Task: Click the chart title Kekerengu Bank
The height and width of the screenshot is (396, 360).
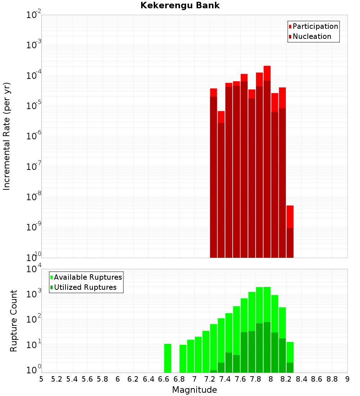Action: pyautogui.click(x=180, y=5)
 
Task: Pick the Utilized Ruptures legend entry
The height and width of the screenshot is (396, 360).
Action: pyautogui.click(x=85, y=287)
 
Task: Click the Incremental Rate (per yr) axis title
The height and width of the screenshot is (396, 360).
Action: pyautogui.click(x=6, y=136)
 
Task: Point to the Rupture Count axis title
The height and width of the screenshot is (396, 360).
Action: pyautogui.click(x=14, y=320)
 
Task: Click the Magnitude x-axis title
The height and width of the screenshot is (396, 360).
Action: pyautogui.click(x=194, y=390)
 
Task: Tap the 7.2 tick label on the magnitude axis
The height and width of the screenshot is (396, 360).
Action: pyautogui.click(x=210, y=379)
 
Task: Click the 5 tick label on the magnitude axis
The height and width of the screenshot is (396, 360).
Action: pyautogui.click(x=41, y=379)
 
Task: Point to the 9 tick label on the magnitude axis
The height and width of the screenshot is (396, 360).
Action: pyautogui.click(x=347, y=379)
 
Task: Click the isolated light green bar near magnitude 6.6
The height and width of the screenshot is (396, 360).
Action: pyautogui.click(x=167, y=358)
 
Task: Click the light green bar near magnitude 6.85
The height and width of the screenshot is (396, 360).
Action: pyautogui.click(x=183, y=359)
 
